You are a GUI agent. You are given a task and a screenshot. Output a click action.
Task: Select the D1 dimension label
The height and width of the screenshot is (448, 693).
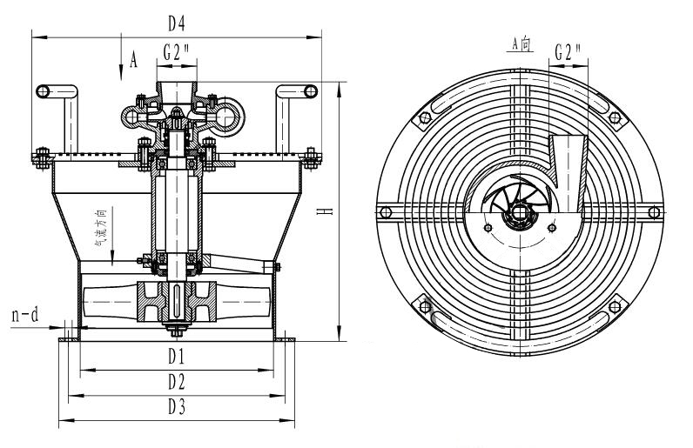tap(177, 357)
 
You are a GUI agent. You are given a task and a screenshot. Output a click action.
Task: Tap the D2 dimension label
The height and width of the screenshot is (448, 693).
tap(177, 381)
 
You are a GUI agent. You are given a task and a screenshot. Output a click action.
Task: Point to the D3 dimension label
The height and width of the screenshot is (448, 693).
tap(177, 405)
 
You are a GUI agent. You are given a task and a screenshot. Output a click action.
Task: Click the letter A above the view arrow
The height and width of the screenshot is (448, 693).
tap(133, 59)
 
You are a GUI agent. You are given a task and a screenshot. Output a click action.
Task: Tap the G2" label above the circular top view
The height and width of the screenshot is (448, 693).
tap(569, 51)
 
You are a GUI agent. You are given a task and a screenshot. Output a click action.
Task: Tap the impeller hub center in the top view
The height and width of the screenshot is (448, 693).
tap(519, 211)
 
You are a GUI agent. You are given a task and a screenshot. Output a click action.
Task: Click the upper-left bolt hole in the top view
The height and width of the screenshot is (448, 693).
tap(424, 118)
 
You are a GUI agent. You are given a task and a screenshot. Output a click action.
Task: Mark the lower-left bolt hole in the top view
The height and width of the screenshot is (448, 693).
tap(424, 302)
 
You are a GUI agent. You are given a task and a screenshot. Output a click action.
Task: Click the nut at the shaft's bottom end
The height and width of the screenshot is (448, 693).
tap(177, 331)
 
